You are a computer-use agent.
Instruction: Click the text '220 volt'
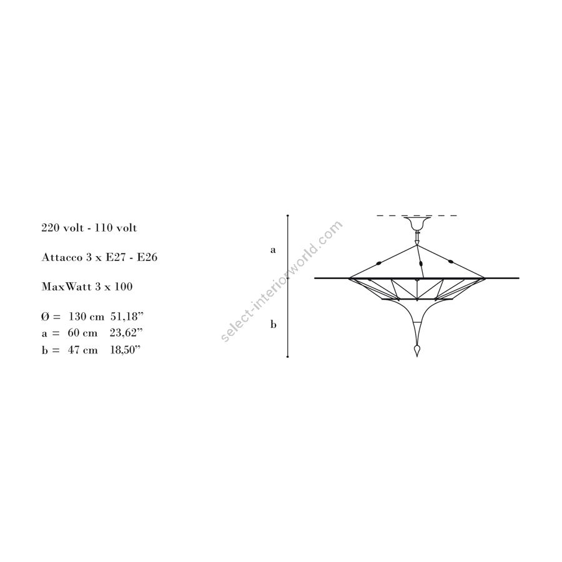click(62, 228)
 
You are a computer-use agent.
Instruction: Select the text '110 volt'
click(116, 228)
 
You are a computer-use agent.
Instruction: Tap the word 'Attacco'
click(62, 257)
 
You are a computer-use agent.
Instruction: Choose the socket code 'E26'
click(147, 257)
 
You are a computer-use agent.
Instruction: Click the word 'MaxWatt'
click(62, 287)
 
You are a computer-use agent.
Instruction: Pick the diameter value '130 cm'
click(86, 317)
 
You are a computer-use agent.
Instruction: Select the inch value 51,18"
click(127, 317)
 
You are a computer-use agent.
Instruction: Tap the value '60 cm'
click(82, 333)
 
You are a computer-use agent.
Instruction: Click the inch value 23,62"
click(126, 333)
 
